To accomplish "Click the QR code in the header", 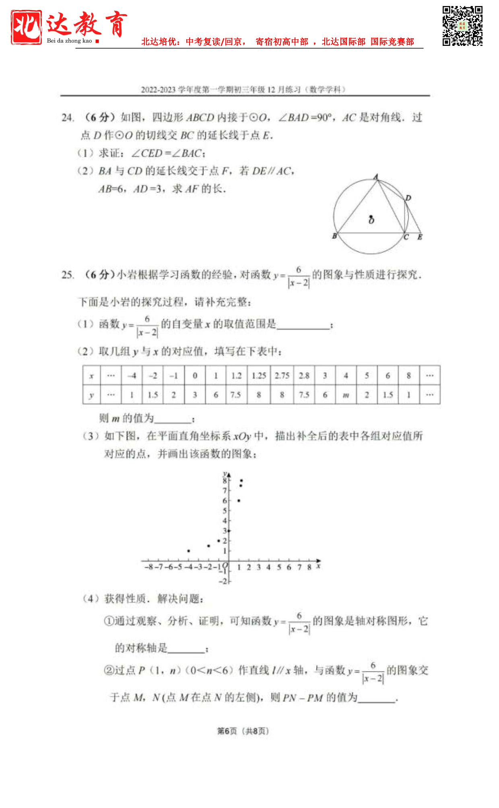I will (x=462, y=26).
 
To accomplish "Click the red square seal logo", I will (x=26, y=27).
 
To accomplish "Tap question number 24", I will (x=68, y=117).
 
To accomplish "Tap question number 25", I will (x=68, y=275).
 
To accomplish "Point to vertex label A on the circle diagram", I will (x=376, y=177).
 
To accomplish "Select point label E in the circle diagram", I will (x=420, y=237).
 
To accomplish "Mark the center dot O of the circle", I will (x=371, y=216).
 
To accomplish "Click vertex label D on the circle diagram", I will (x=408, y=198).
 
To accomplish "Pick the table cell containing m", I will (x=346, y=395).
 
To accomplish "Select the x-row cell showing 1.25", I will (x=259, y=376).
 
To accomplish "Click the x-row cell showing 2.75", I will (x=282, y=376).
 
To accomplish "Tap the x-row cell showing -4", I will (x=132, y=376).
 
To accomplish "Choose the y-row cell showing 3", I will (x=195, y=395).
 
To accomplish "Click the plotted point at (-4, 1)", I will (x=189, y=551).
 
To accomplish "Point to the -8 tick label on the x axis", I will (x=149, y=567).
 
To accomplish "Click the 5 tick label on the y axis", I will (x=225, y=511).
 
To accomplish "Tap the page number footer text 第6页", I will (x=227, y=731).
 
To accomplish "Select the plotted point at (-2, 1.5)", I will (x=208, y=546).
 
